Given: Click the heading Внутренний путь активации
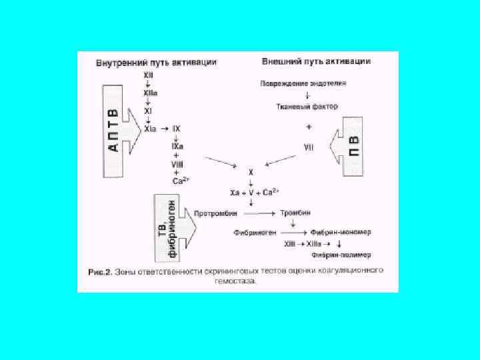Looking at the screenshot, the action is click(x=156, y=62).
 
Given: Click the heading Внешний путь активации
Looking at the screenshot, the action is click(x=317, y=61).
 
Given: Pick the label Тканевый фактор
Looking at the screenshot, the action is click(x=308, y=106).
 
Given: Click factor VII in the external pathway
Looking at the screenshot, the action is click(x=309, y=146).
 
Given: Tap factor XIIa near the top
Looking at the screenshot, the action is click(x=148, y=96).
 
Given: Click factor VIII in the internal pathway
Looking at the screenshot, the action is click(x=177, y=163).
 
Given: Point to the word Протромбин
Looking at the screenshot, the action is click(x=213, y=213).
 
